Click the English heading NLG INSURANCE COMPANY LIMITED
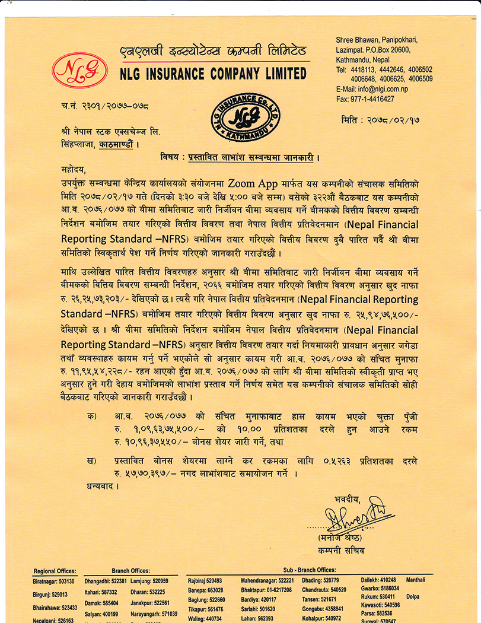point(213,74)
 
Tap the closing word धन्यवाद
point(98,487)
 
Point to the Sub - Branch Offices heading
point(309,570)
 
